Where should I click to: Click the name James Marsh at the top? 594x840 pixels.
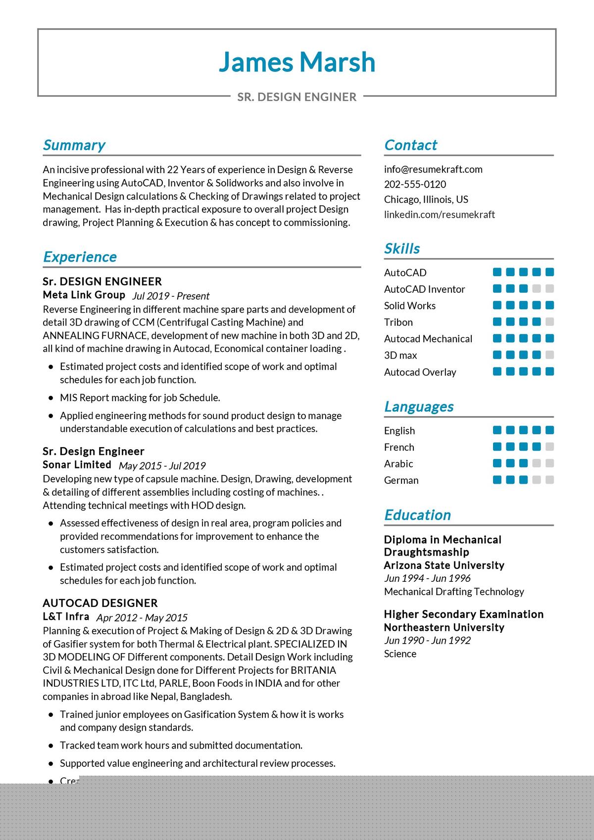pyautogui.click(x=297, y=62)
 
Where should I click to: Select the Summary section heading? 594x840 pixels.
pyautogui.click(x=74, y=145)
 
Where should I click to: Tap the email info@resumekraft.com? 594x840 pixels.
pyautogui.click(x=433, y=169)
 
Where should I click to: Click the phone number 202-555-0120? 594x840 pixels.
pyautogui.click(x=415, y=184)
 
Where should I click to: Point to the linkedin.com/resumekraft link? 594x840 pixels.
pyautogui.click(x=439, y=214)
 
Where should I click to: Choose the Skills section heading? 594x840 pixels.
pyautogui.click(x=402, y=248)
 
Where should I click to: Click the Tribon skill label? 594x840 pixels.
pyautogui.click(x=398, y=322)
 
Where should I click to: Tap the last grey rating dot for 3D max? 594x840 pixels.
pyautogui.click(x=549, y=355)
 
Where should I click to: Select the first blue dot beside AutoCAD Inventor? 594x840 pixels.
pyautogui.click(x=497, y=288)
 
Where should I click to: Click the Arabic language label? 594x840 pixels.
pyautogui.click(x=398, y=464)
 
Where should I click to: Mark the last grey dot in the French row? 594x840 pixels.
pyautogui.click(x=549, y=447)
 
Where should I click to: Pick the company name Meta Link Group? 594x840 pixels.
pyautogui.click(x=84, y=295)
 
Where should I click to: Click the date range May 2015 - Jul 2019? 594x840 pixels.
pyautogui.click(x=162, y=466)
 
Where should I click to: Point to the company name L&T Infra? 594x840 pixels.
pyautogui.click(x=66, y=616)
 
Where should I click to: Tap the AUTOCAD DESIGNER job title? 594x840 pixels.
pyautogui.click(x=100, y=603)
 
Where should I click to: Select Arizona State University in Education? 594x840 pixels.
pyautogui.click(x=444, y=565)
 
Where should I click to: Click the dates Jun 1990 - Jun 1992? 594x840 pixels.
pyautogui.click(x=427, y=640)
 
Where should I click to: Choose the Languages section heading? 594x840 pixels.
pyautogui.click(x=419, y=407)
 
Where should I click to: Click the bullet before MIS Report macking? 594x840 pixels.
pyautogui.click(x=51, y=398)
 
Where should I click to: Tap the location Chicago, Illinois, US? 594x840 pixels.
pyautogui.click(x=426, y=199)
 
